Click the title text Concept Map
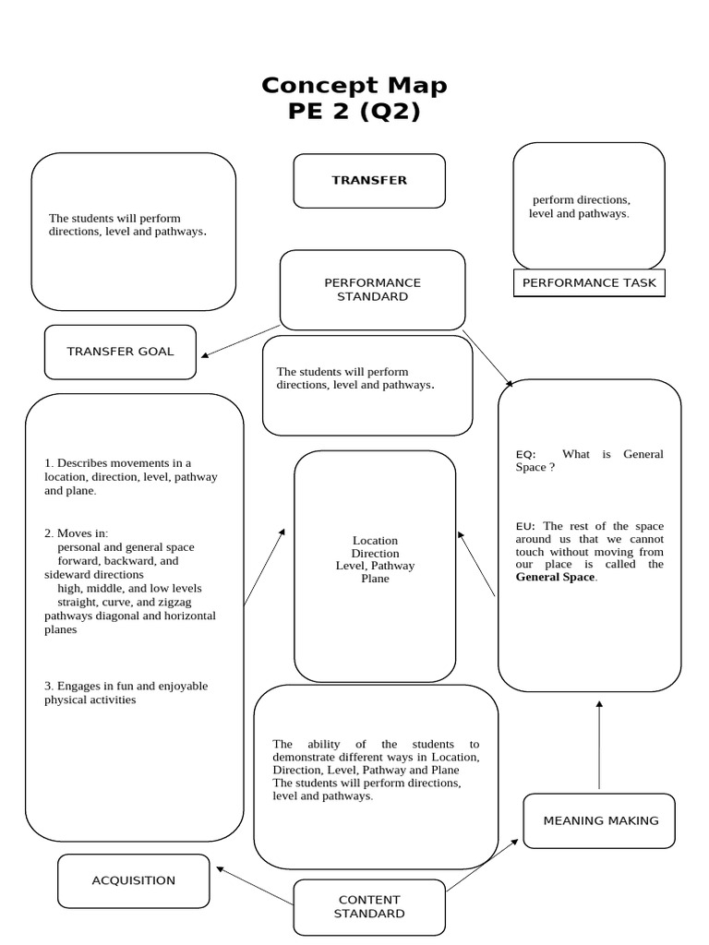[x=354, y=85]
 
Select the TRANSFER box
[x=369, y=180]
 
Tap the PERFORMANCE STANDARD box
[x=372, y=290]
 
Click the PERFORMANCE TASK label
[x=589, y=283]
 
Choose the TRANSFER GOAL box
[x=120, y=352]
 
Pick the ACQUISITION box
[x=133, y=880]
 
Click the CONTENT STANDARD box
[x=369, y=906]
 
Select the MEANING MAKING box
[x=600, y=820]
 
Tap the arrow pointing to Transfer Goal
[x=240, y=341]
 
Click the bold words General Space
[x=555, y=578]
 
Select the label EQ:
[x=525, y=454]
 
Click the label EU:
[x=525, y=526]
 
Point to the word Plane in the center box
[x=375, y=579]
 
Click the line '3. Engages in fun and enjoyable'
[x=126, y=686]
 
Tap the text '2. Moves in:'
[x=77, y=533]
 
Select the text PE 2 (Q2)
[x=354, y=112]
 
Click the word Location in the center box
[x=375, y=541]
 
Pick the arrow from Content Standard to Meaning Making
[x=483, y=866]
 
